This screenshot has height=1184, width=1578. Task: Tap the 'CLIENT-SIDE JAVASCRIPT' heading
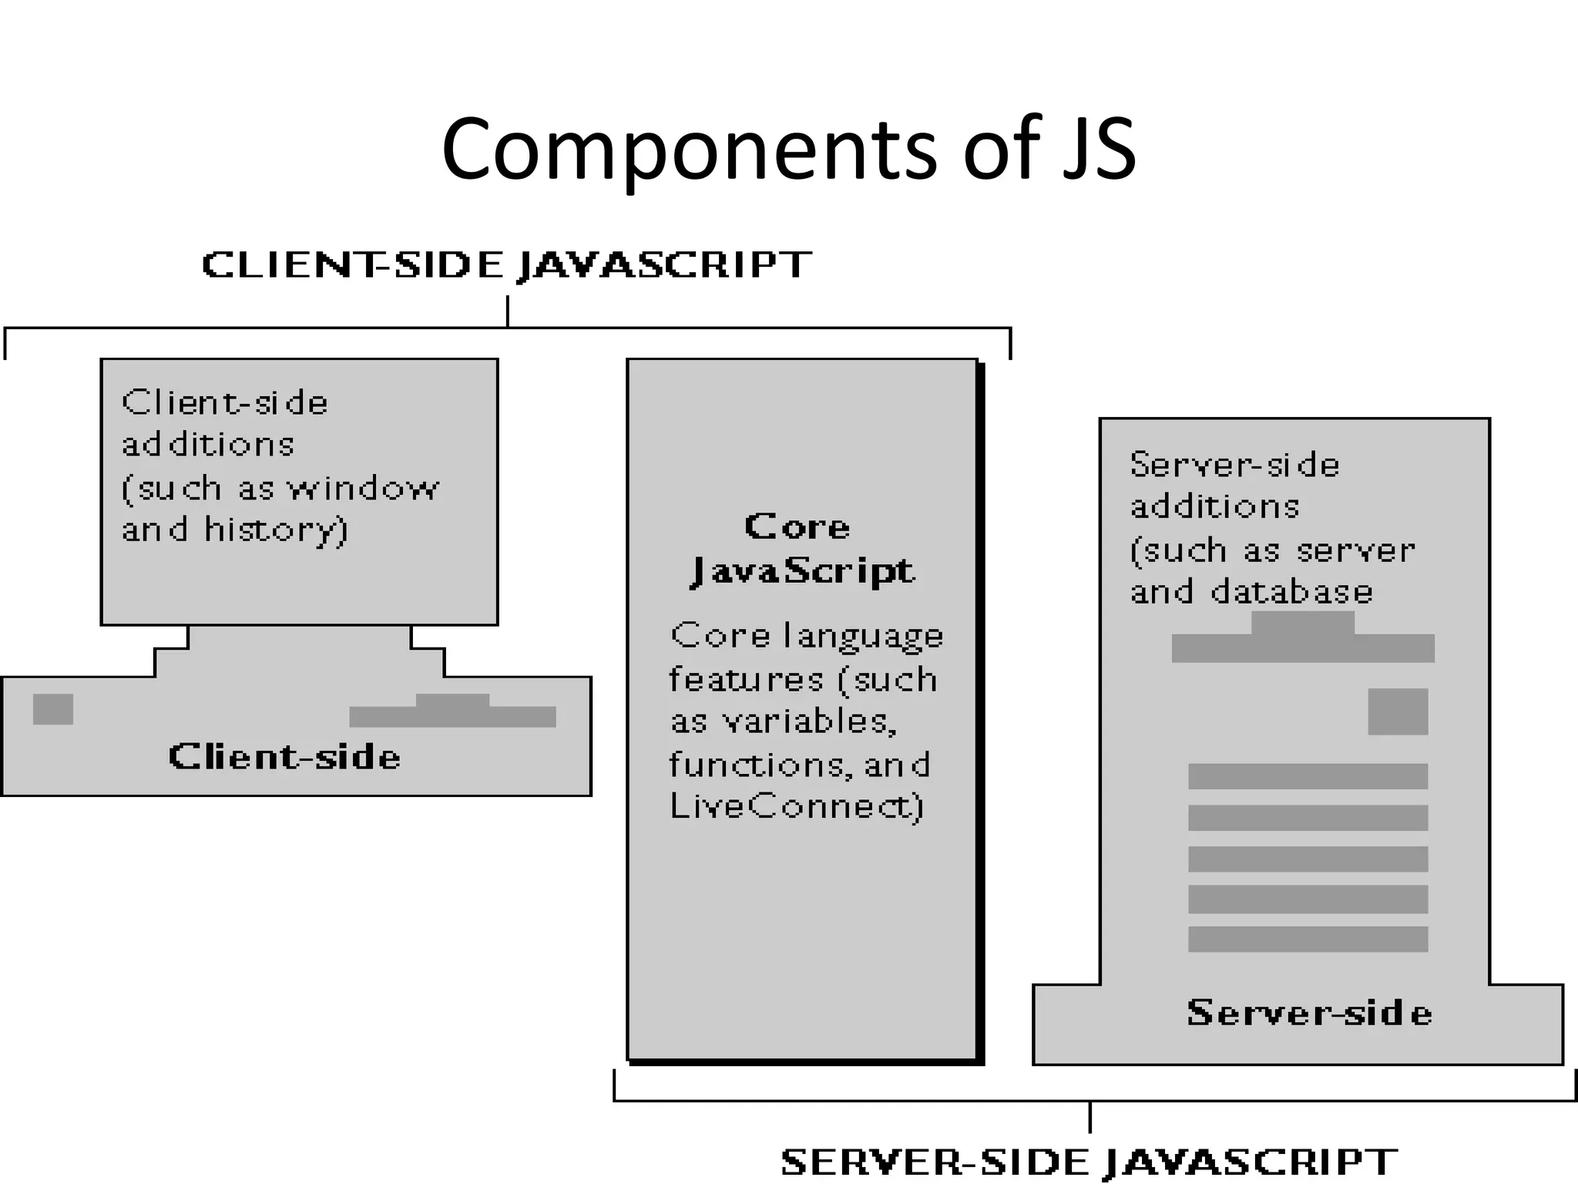[506, 265]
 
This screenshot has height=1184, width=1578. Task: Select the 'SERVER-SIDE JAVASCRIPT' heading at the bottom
[1089, 1161]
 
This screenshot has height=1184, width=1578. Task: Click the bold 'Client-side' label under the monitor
[284, 757]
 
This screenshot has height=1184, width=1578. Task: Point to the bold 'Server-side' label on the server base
[1309, 1013]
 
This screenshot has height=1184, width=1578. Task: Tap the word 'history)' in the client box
[276, 530]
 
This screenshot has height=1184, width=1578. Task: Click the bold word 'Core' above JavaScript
[797, 527]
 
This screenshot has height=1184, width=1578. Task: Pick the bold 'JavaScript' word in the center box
[802, 571]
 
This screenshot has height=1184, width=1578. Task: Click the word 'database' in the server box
[1292, 592]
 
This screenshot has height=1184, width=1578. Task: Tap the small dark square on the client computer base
[53, 709]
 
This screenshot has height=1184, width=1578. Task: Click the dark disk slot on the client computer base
[453, 712]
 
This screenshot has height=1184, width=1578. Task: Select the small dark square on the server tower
[1398, 711]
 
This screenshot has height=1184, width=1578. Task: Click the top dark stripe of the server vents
[1308, 776]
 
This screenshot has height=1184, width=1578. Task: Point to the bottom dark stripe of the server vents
[1308, 939]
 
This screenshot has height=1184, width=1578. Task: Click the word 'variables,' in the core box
[809, 722]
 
